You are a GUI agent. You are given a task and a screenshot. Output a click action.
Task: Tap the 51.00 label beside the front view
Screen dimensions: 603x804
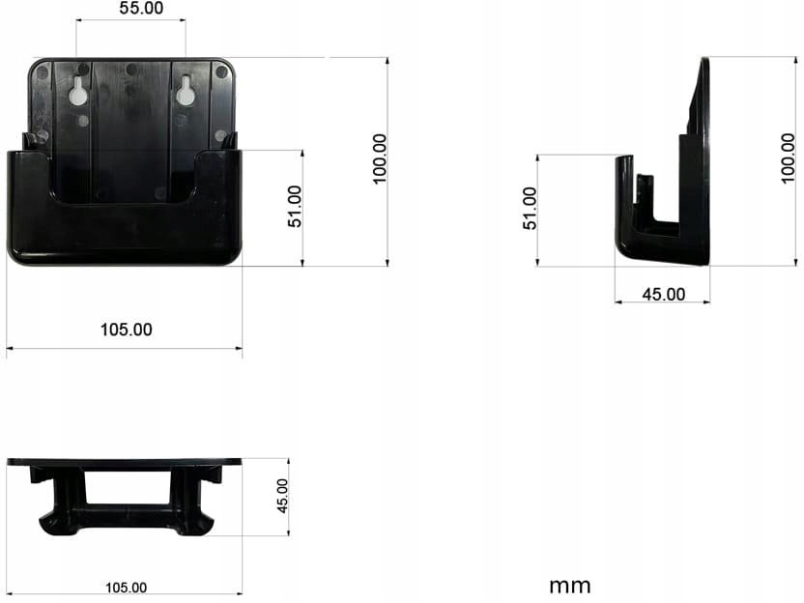coord(296,206)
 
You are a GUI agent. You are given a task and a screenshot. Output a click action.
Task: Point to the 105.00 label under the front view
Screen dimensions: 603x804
coord(126,330)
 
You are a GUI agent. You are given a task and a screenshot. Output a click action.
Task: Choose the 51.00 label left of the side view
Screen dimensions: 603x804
coord(529,208)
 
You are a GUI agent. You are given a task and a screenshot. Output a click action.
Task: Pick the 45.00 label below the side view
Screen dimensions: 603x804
coord(663,294)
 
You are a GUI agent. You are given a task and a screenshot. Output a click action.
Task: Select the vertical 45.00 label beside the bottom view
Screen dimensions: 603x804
coord(282,496)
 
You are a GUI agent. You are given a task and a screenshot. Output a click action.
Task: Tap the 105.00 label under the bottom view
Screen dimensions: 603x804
coord(126,587)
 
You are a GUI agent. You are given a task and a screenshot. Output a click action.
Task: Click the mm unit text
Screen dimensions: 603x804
coord(569,585)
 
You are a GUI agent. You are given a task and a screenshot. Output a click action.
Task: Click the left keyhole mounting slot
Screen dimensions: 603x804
coord(76,92)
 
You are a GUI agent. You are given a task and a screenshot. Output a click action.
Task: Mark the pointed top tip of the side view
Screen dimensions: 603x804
coord(704,63)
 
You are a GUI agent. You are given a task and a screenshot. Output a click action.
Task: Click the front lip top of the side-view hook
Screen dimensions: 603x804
coord(623,158)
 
